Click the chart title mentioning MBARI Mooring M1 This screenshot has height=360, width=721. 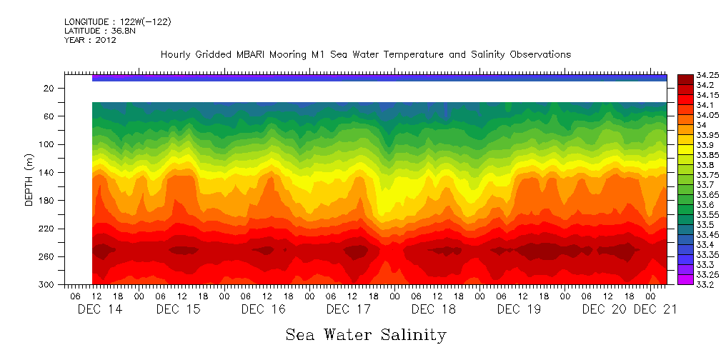(x=366, y=54)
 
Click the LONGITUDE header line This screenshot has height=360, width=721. (x=117, y=22)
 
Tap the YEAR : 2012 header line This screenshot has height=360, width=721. (x=90, y=40)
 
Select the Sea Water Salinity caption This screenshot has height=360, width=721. (x=366, y=334)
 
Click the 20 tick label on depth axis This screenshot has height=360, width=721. (x=49, y=88)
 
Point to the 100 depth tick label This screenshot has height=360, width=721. (x=47, y=144)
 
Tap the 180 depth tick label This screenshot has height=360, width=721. (x=47, y=201)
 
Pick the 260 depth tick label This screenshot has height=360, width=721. (x=47, y=256)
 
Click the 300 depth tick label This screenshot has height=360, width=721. (x=47, y=284)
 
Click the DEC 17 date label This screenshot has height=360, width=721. (x=348, y=309)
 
